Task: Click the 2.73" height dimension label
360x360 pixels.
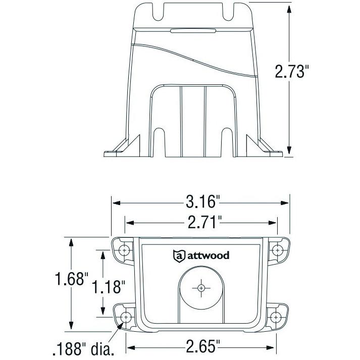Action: click(x=291, y=72)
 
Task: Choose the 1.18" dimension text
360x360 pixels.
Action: click(x=108, y=287)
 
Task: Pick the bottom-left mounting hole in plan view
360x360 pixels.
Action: click(x=126, y=317)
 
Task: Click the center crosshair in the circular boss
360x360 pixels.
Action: click(x=201, y=287)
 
